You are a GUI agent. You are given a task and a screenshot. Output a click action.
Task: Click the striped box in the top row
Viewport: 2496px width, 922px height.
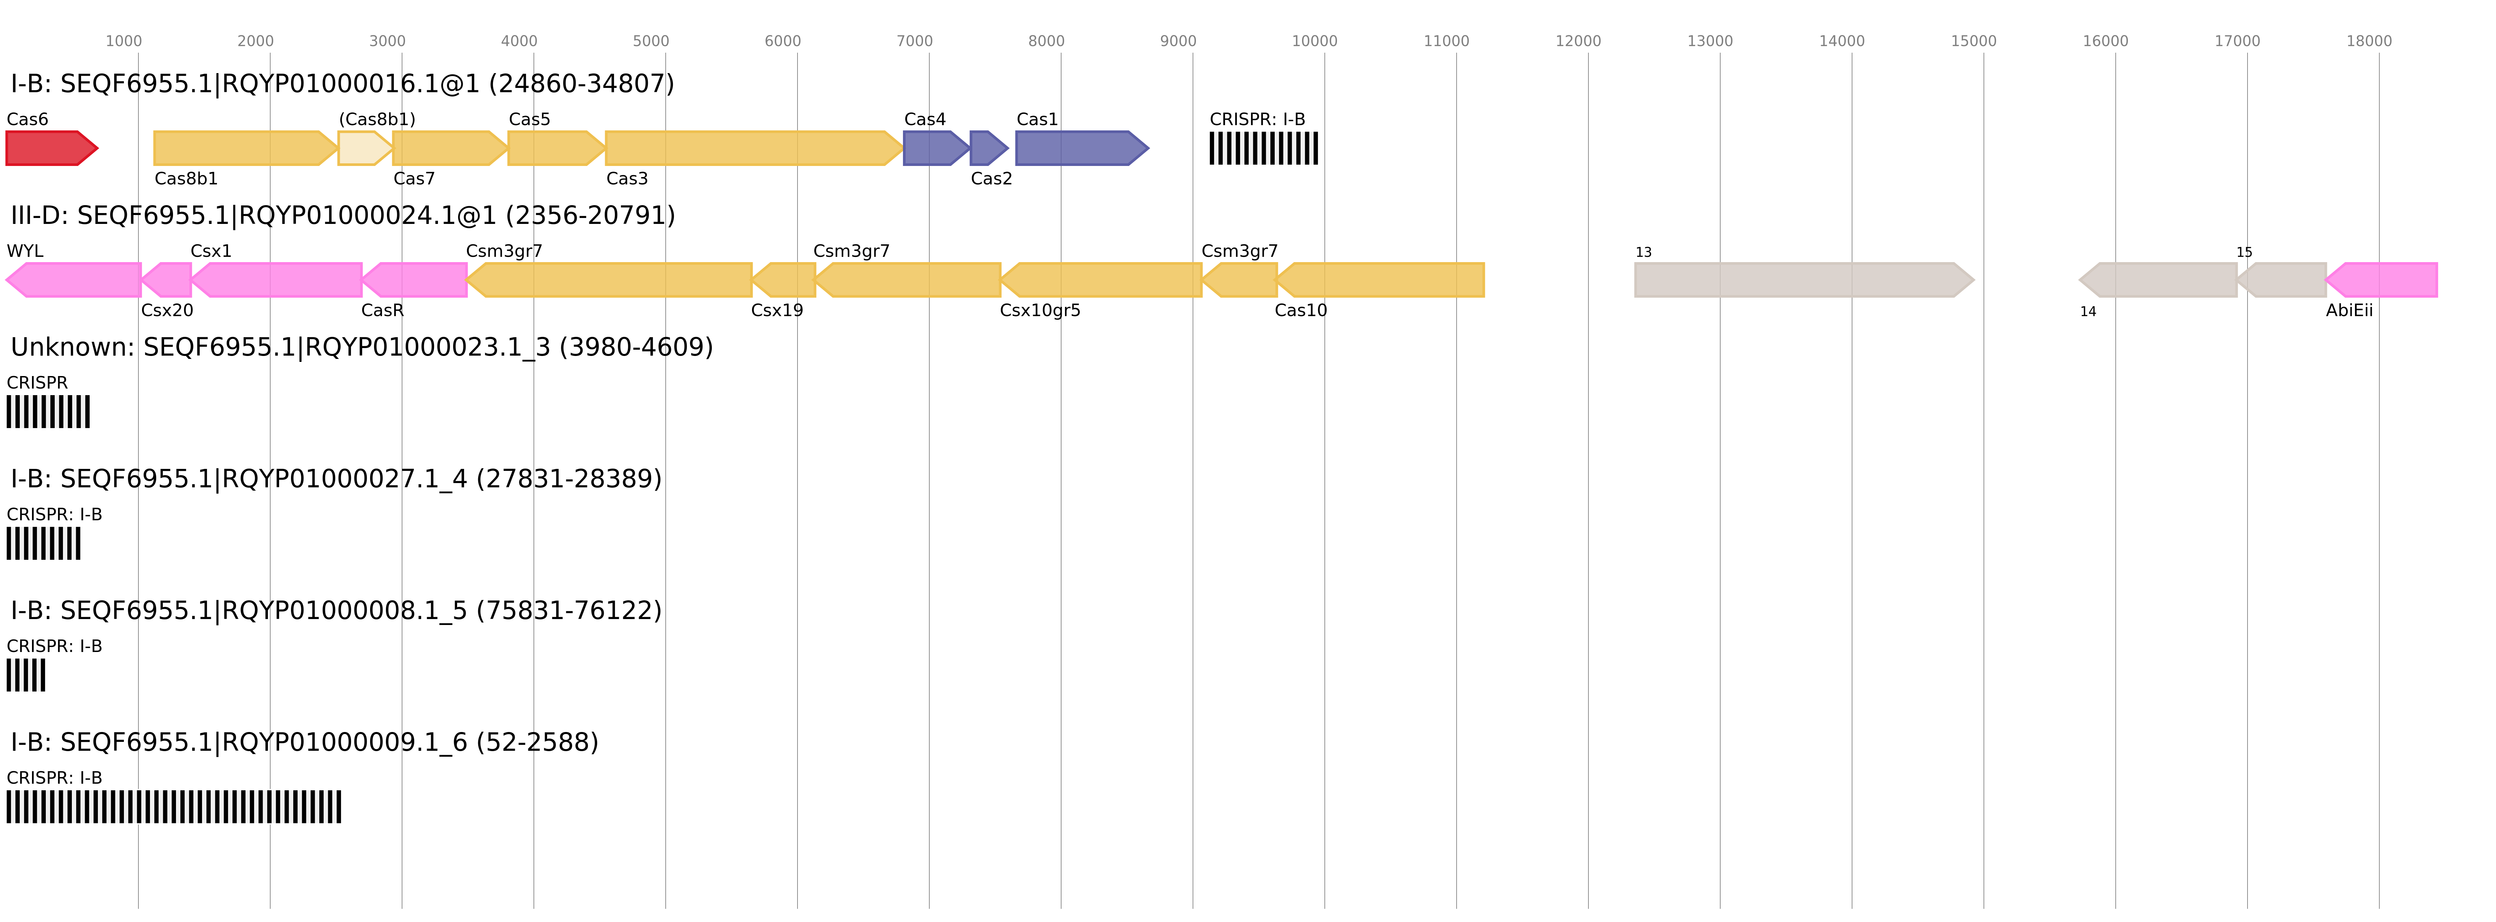tap(1263, 148)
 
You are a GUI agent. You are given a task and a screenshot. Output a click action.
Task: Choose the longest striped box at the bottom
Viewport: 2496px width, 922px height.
tap(173, 807)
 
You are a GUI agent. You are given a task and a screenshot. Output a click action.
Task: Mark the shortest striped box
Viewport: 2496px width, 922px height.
tap(25, 675)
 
